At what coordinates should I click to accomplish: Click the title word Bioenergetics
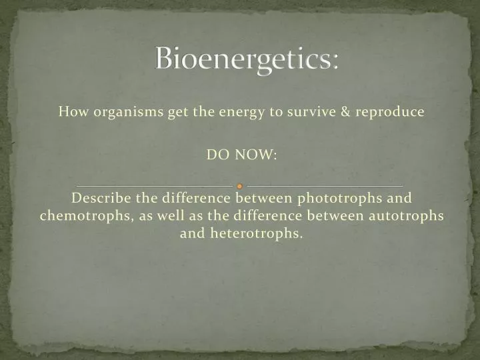(243, 59)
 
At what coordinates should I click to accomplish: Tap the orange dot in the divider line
(240, 186)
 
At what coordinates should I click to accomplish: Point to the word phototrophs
(340, 198)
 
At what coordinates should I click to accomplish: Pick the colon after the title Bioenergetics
(335, 62)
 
